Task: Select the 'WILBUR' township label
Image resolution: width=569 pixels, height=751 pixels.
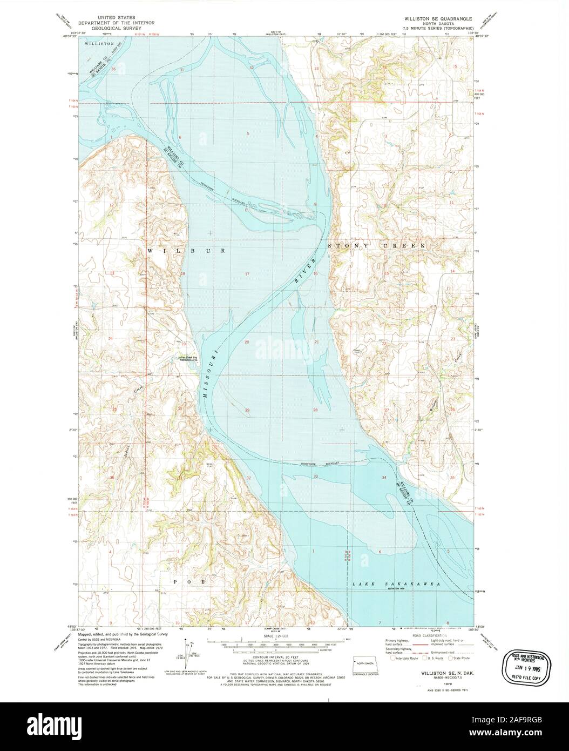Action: pyautogui.click(x=184, y=251)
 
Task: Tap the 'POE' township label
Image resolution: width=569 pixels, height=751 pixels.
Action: pyautogui.click(x=189, y=581)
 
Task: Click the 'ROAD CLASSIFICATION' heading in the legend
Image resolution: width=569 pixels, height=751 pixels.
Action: pyautogui.click(x=426, y=636)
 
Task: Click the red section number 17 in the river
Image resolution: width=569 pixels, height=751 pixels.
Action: pyautogui.click(x=247, y=274)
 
